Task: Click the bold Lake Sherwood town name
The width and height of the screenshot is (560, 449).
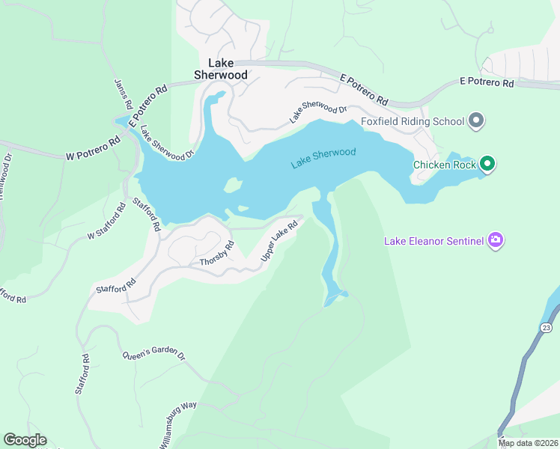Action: click(x=221, y=69)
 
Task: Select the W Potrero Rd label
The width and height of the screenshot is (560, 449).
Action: click(x=93, y=149)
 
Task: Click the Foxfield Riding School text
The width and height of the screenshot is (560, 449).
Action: click(x=412, y=120)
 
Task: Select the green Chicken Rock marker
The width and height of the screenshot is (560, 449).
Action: click(x=487, y=163)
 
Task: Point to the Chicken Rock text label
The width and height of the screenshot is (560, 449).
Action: click(x=445, y=165)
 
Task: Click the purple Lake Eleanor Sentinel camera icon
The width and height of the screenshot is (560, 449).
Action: click(x=495, y=240)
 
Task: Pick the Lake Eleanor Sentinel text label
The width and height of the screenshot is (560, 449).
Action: click(x=434, y=241)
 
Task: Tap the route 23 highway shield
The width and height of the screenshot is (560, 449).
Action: click(x=545, y=327)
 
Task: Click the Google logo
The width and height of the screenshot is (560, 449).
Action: click(x=25, y=439)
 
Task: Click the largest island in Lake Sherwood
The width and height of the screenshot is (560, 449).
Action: click(x=233, y=184)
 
